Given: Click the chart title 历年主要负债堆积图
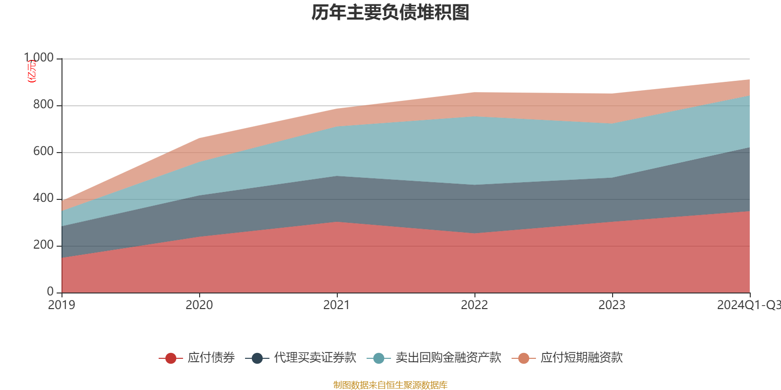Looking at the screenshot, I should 390,13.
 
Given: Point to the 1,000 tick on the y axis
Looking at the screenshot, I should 39,58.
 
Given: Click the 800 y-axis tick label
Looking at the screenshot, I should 43,105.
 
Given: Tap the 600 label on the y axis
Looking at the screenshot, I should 43,152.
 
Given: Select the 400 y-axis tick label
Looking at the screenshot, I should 43,198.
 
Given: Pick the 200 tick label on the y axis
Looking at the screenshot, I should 43,245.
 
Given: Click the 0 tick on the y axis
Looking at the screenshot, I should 50,292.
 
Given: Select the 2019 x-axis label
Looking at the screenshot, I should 62,305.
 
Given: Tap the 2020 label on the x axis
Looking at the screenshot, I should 199,305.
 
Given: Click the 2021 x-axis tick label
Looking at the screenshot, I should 337,305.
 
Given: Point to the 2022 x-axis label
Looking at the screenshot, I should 474,305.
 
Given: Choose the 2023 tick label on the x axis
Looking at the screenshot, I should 612,305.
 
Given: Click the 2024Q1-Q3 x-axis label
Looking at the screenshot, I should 748,305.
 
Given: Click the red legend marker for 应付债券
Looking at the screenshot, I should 171,358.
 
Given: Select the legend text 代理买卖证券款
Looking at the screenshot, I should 315,358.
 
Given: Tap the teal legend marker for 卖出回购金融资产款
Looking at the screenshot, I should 379,358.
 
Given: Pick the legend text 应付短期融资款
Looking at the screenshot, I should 581,358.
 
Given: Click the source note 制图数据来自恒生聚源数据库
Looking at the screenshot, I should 390,385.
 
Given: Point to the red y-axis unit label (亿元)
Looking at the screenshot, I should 32,71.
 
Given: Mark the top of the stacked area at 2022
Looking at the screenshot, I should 474,92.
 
